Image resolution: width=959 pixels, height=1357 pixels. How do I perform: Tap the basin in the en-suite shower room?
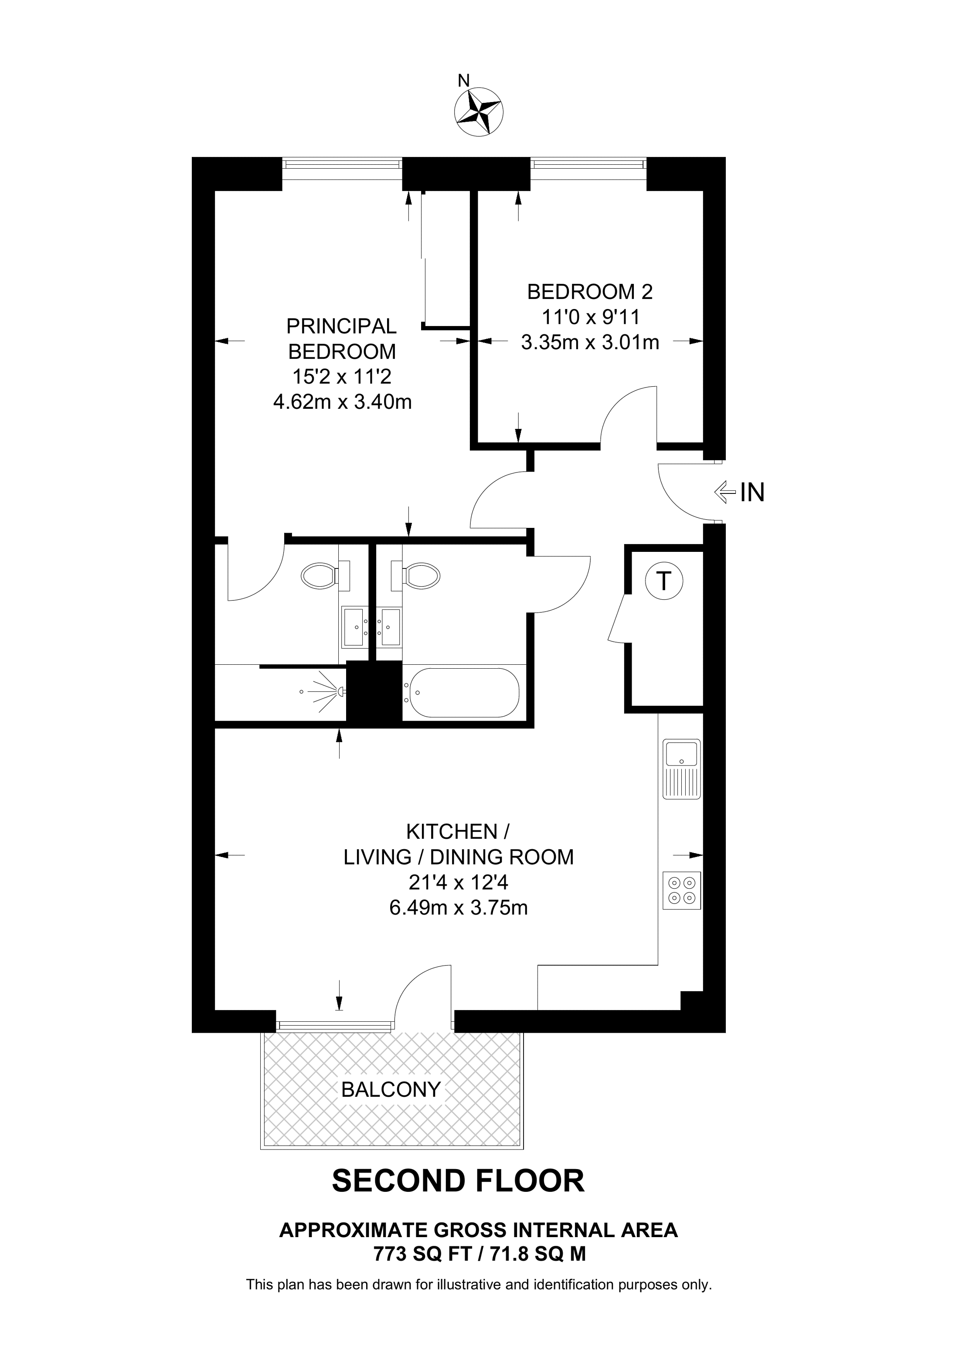click(x=356, y=626)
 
